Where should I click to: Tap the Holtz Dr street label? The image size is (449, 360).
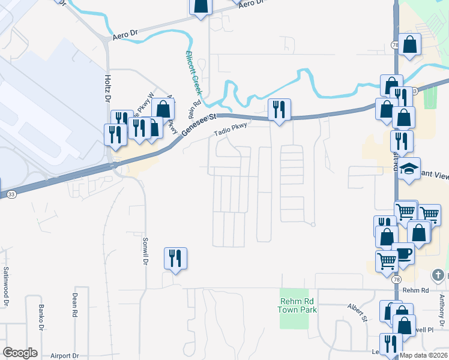(x=108, y=88)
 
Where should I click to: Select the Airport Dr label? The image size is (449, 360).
(x=65, y=356)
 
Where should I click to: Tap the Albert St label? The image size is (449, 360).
(x=357, y=311)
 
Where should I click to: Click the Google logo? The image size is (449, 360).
(x=20, y=353)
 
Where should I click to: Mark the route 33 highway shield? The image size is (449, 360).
(x=11, y=194)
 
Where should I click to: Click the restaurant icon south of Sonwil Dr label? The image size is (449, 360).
(x=175, y=259)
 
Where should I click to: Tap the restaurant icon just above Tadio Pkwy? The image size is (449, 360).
(x=279, y=109)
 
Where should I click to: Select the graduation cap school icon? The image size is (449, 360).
(x=409, y=169)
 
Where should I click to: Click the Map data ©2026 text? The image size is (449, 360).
(x=424, y=356)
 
